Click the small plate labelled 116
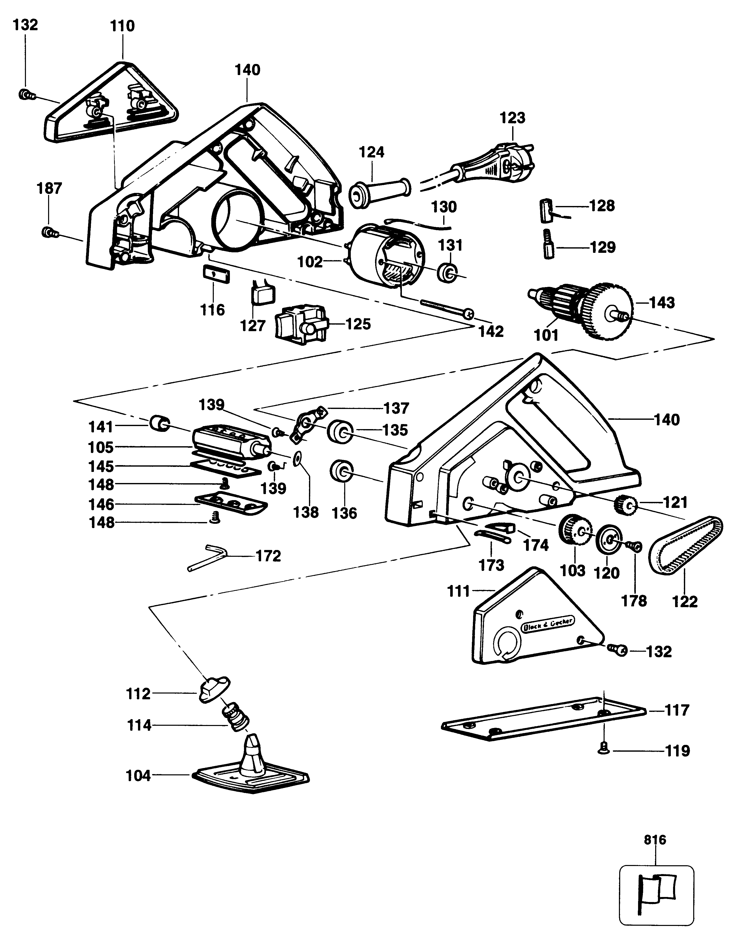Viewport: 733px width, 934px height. point(216,274)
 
